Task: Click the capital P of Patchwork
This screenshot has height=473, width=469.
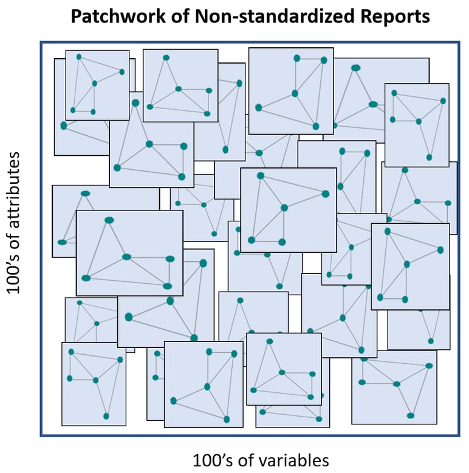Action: click(x=77, y=16)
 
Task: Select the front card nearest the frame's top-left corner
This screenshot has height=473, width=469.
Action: click(x=97, y=85)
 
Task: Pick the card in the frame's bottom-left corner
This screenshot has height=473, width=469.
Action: click(x=94, y=383)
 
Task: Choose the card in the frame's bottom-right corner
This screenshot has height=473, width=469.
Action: click(x=394, y=387)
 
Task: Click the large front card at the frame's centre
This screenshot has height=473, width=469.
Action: click(x=289, y=210)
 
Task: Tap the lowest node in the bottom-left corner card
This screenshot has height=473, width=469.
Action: click(x=106, y=416)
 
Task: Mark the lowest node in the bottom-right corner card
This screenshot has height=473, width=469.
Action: click(x=411, y=415)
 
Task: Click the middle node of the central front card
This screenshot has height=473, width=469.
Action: click(x=284, y=208)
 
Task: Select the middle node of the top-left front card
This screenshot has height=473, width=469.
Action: click(x=94, y=83)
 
